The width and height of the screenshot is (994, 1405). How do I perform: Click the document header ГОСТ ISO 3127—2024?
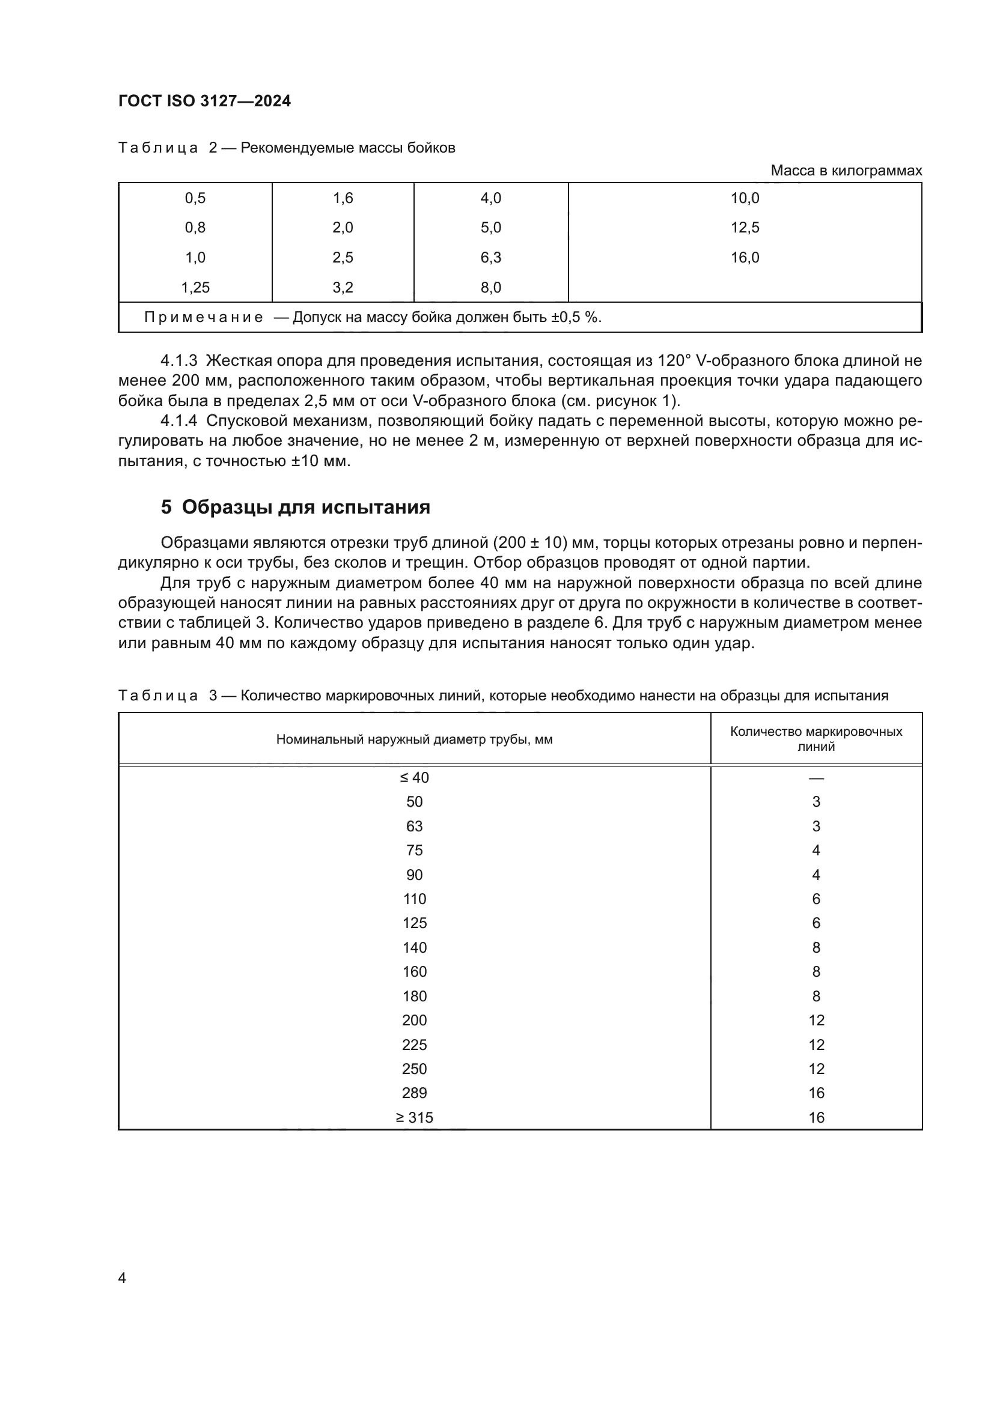[204, 102]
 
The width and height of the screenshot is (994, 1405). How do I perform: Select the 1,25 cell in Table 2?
[195, 288]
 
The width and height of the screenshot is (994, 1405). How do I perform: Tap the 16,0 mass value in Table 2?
[744, 258]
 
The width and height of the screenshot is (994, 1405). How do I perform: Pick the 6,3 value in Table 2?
[490, 258]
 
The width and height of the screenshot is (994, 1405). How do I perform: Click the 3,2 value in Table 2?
[343, 288]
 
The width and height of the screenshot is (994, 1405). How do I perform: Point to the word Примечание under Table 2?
[204, 317]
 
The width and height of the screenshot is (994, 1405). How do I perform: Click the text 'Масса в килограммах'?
[846, 171]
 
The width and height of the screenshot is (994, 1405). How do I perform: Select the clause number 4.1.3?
[178, 360]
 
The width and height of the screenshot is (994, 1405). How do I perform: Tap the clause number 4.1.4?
[178, 420]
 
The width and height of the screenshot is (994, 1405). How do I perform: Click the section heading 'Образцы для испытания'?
[305, 507]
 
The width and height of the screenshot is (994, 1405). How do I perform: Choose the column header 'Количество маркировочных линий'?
[816, 739]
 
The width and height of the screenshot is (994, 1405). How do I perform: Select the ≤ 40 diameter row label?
[415, 778]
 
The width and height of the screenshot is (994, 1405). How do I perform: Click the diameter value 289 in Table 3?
[415, 1093]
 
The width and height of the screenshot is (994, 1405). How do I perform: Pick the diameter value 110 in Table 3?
[415, 899]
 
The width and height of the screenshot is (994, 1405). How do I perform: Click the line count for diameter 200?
[816, 1020]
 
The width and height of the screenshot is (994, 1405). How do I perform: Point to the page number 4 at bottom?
[122, 1278]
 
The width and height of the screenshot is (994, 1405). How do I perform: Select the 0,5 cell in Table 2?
[195, 198]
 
